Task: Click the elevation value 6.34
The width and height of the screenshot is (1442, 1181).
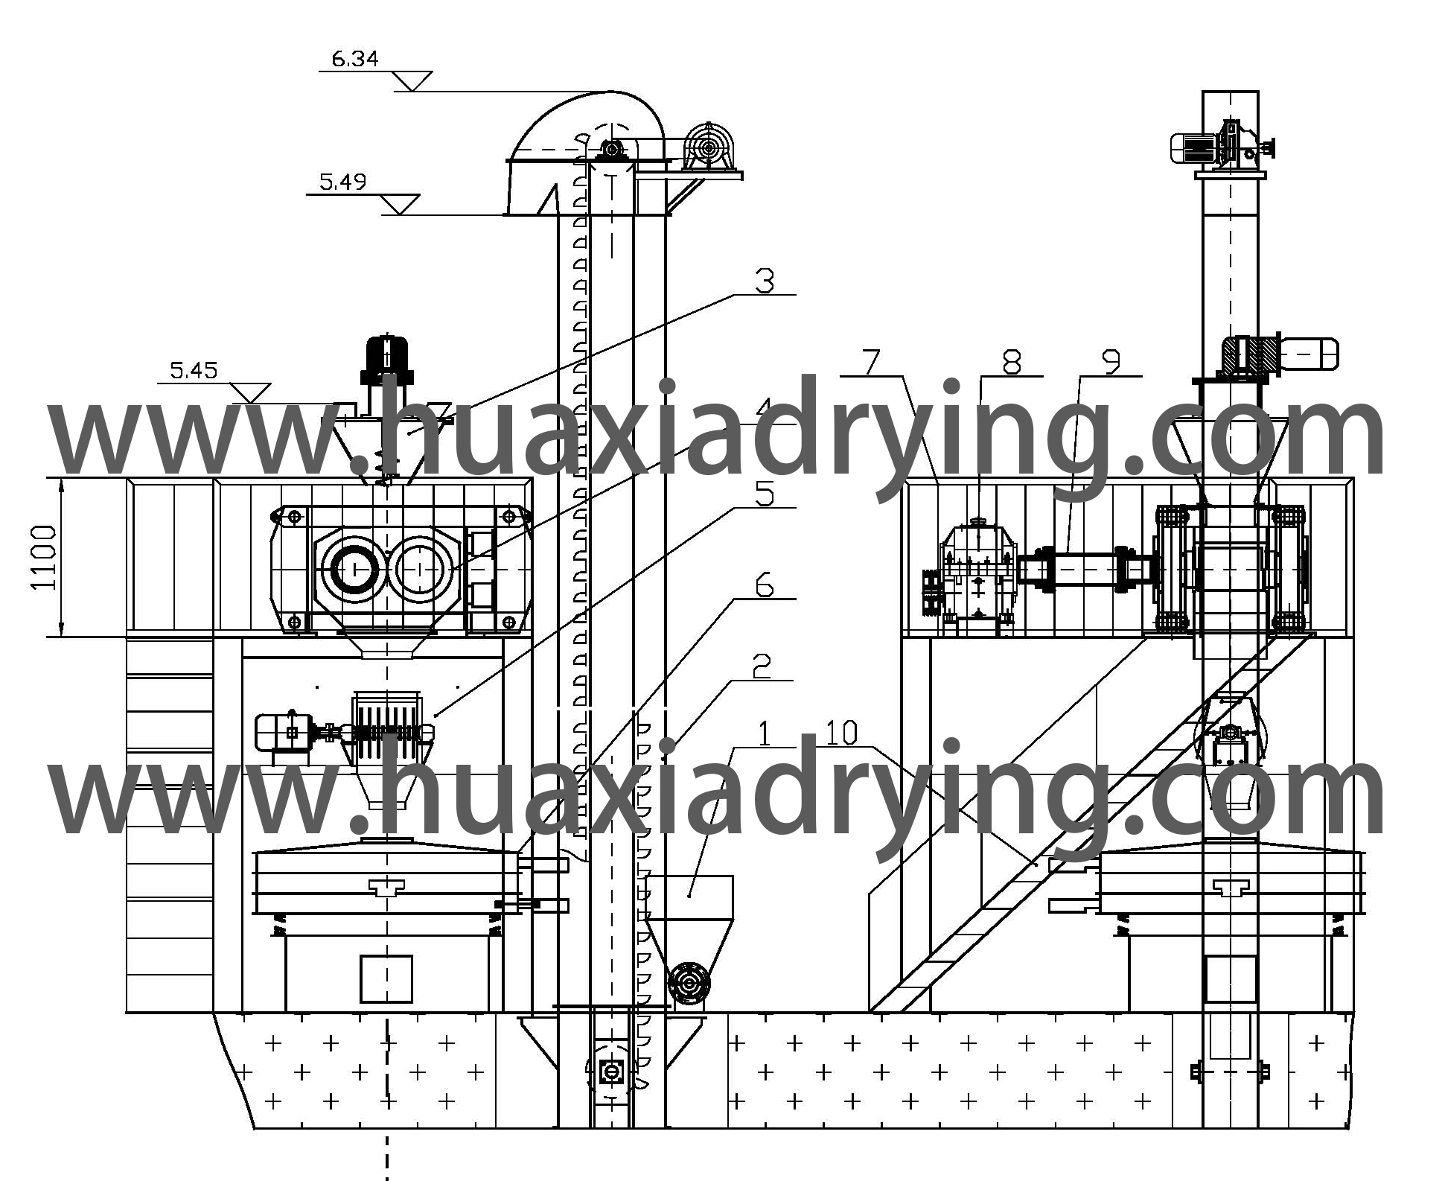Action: [x=355, y=58]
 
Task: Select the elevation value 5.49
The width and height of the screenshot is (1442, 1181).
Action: [x=343, y=182]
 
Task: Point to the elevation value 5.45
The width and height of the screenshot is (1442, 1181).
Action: [x=194, y=370]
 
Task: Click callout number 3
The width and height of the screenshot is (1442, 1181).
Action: [x=765, y=281]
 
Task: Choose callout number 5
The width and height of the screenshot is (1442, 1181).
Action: [x=765, y=495]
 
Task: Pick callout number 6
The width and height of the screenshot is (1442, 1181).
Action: [x=765, y=587]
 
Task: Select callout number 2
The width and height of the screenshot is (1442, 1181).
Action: [x=761, y=667]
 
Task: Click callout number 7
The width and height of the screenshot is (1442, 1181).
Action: [x=872, y=363]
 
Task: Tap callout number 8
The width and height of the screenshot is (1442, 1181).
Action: [x=1011, y=363]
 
